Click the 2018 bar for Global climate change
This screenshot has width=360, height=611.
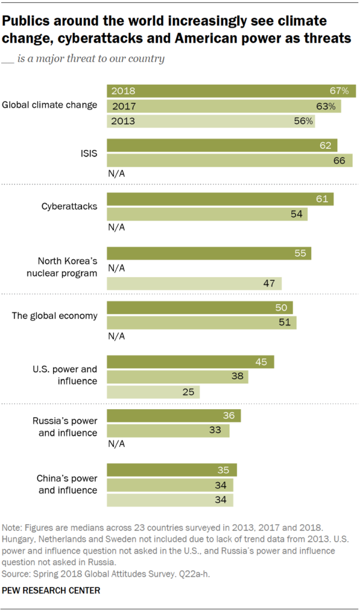point(231,91)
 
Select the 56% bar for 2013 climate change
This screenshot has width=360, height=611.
point(210,120)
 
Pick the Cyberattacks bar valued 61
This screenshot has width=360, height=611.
point(220,199)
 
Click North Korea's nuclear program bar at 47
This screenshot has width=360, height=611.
point(194,283)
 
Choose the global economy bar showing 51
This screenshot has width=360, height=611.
point(201,323)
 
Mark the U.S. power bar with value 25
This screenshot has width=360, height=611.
point(153,392)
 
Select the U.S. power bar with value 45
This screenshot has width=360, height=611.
point(190,362)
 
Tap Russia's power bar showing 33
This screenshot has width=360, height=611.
point(168,431)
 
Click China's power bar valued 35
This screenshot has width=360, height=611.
point(171,470)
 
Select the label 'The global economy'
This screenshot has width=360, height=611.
point(54,315)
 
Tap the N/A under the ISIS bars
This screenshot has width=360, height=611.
point(116,174)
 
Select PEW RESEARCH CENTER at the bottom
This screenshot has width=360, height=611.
point(51,590)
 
